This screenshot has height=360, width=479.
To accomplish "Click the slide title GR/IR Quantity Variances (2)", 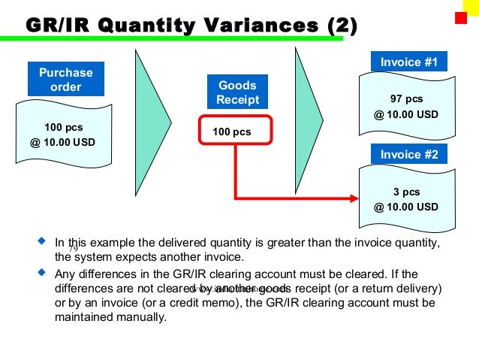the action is [191, 25].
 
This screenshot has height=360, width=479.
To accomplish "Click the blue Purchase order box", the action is [65, 80].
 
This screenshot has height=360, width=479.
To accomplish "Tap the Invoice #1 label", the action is [408, 62].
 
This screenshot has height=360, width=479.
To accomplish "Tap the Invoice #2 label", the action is [408, 155].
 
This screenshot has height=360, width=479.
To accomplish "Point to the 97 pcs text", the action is [406, 99].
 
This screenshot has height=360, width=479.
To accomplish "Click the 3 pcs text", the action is [406, 192].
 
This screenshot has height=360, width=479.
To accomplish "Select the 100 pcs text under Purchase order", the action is [65, 127].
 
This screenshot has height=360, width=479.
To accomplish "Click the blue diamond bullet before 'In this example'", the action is [41, 243].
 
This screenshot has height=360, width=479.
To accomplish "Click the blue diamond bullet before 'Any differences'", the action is [41, 273].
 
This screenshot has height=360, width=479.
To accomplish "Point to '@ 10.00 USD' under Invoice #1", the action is [406, 114].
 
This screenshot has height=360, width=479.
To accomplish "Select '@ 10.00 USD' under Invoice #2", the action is [406, 207].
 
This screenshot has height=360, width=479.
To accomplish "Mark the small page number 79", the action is [74, 249].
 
